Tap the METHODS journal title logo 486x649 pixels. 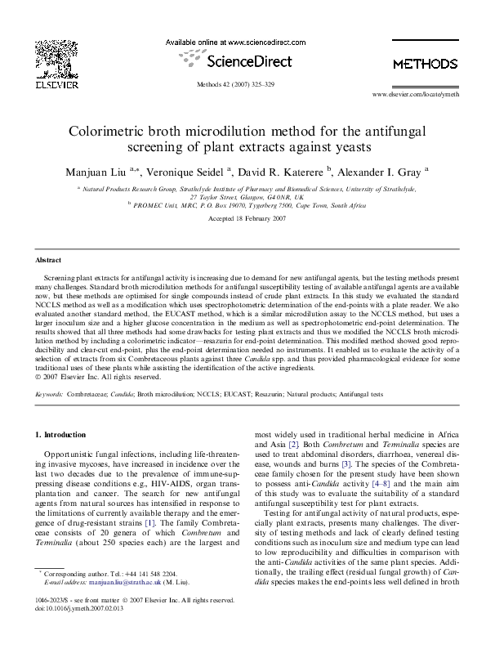(425, 63)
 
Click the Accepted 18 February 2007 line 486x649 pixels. (243, 220)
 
